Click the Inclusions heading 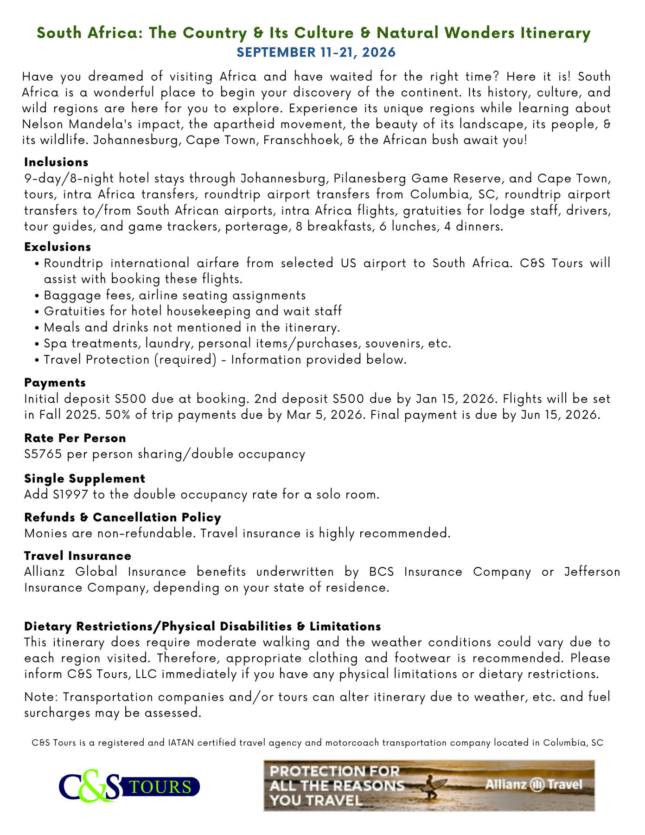tap(56, 162)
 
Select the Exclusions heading tap(57, 246)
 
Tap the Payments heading tap(55, 383)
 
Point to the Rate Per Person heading tap(75, 438)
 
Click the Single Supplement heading tap(84, 478)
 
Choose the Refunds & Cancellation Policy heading tap(122, 517)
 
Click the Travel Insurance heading tap(77, 556)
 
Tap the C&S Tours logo tap(129, 786)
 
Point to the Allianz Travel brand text tap(533, 785)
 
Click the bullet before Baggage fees tap(37, 295)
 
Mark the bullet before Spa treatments tap(37, 344)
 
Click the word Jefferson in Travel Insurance tap(592, 572)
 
